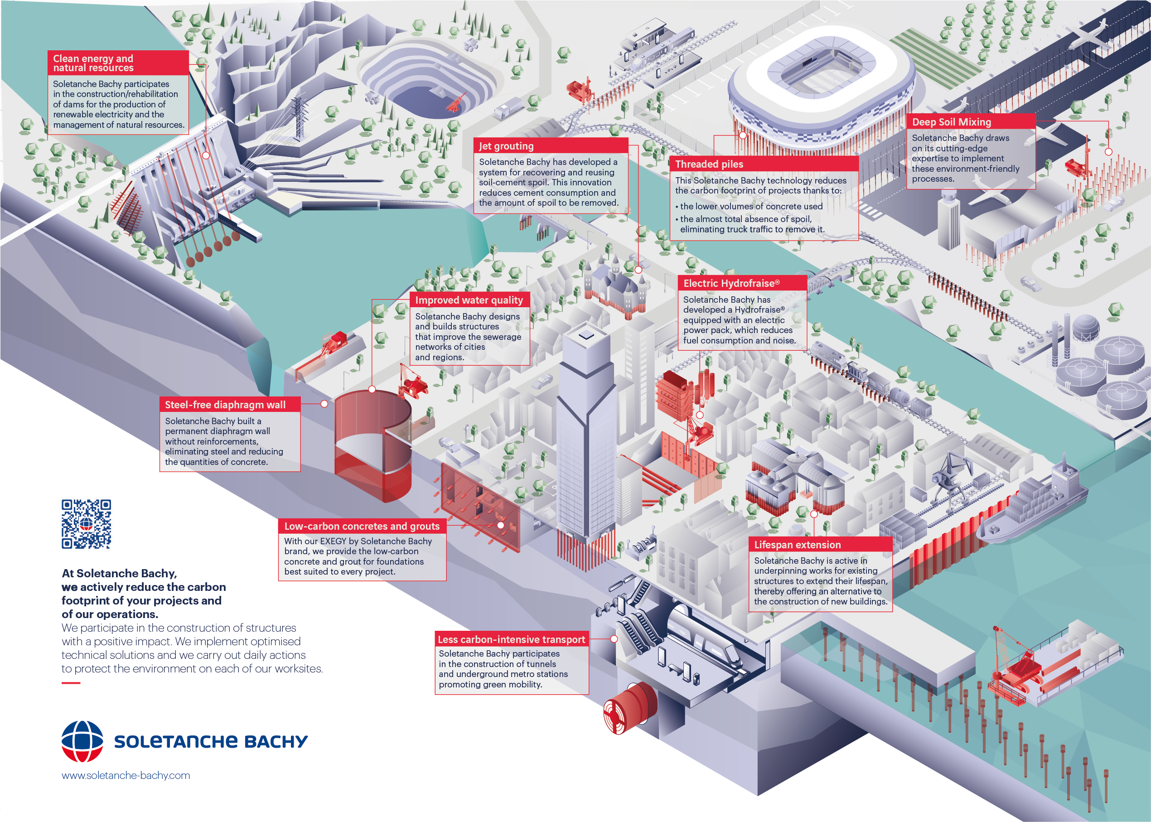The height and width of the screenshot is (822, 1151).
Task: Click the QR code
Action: (86, 524)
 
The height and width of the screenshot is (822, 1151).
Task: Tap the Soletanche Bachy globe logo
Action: (82, 741)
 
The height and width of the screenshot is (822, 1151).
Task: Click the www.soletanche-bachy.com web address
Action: (126, 775)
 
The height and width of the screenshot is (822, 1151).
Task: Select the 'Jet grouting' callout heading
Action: (506, 146)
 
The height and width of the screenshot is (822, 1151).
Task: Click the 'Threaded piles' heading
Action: (709, 164)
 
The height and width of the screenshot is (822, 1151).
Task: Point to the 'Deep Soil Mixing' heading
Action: (952, 122)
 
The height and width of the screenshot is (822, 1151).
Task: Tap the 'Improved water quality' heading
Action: (469, 300)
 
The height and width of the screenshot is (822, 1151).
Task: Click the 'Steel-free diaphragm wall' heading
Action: (225, 404)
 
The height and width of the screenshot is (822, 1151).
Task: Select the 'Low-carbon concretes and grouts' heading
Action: (362, 526)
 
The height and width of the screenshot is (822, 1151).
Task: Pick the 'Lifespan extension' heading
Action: (797, 545)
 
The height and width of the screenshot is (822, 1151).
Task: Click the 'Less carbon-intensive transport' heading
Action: (511, 639)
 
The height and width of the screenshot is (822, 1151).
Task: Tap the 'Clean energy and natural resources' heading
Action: (93, 63)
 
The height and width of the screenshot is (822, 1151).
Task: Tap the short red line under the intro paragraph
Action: (71, 683)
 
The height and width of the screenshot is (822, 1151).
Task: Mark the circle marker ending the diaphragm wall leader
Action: (324, 404)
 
